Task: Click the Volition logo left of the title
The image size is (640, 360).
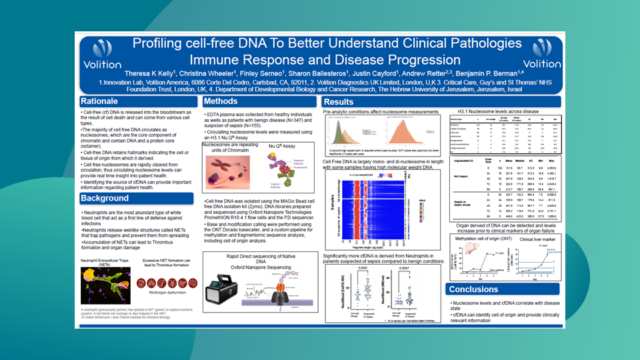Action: click(x=102, y=54)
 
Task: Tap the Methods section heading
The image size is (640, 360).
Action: click(x=221, y=101)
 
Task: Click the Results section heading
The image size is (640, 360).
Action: click(x=339, y=102)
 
